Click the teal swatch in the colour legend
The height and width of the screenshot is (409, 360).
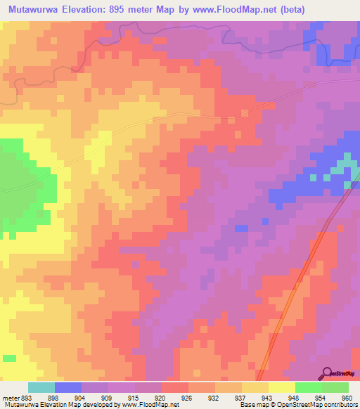41,387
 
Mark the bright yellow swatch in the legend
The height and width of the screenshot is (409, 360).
281,387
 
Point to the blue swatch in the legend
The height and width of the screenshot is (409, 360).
68,387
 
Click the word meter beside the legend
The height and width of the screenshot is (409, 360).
11,398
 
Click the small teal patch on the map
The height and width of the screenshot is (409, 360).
343,167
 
